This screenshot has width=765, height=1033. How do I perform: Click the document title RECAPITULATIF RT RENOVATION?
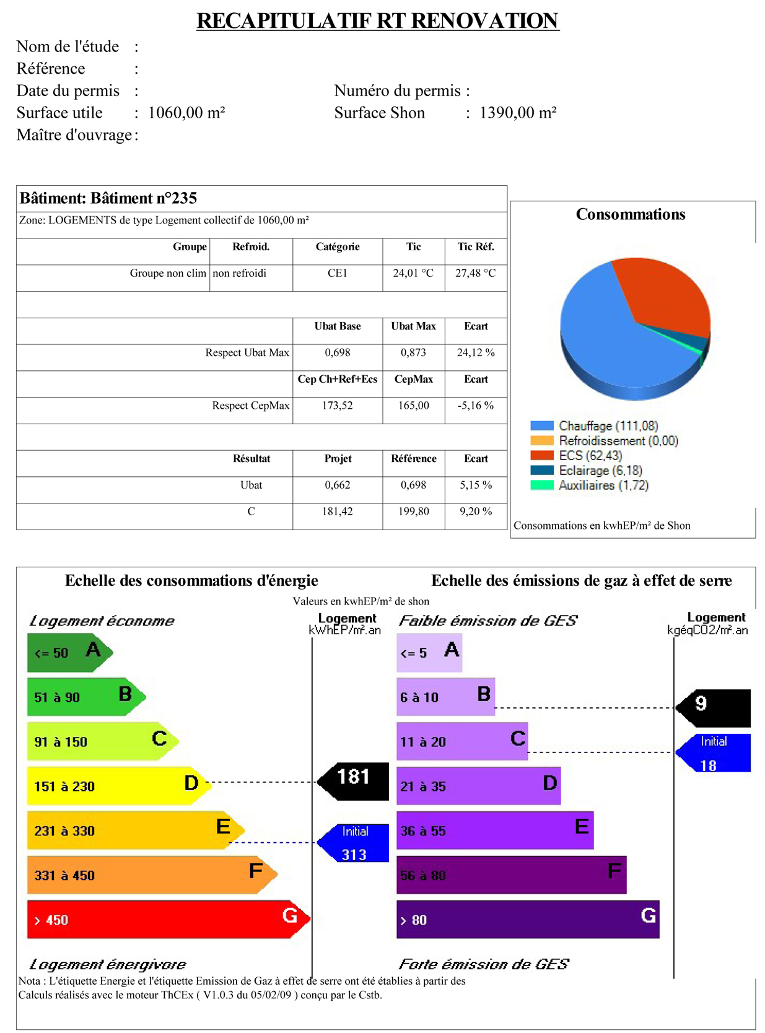(377, 21)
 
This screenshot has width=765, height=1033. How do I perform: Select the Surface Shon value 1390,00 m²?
(518, 113)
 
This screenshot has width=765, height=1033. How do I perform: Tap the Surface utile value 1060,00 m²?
(186, 113)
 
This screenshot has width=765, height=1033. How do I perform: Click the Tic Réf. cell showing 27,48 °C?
(475, 273)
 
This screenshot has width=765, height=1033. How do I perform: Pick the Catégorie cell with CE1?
(338, 273)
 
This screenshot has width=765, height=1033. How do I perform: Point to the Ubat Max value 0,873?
(413, 352)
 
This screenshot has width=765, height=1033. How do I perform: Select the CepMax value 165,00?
(413, 405)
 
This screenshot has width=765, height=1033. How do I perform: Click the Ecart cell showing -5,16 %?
(475, 405)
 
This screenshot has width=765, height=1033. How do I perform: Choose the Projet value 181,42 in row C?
(338, 512)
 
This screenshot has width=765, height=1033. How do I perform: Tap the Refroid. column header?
(251, 246)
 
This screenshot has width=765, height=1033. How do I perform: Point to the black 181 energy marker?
(352, 782)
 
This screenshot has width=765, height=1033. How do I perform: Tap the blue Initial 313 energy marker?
(352, 842)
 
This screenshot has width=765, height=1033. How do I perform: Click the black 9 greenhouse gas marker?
(713, 708)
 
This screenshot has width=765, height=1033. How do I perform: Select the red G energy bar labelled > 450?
(168, 919)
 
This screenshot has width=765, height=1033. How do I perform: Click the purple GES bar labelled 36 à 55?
(495, 830)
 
